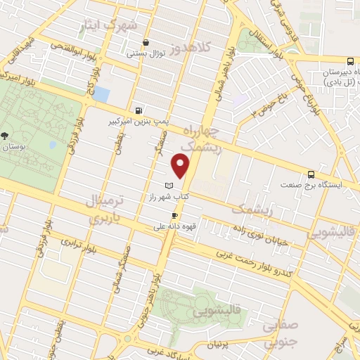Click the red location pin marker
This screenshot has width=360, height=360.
coord(181,166)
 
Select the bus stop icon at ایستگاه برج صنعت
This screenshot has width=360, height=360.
coord(311,175)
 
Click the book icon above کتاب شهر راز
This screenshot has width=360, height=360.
coord(167,186)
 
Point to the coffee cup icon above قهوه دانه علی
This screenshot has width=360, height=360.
coord(174,215)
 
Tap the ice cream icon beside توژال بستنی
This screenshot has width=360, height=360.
coord(145,42)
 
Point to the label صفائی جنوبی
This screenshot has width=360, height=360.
coord(283,335)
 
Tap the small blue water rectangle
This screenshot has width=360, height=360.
coord(102,94)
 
